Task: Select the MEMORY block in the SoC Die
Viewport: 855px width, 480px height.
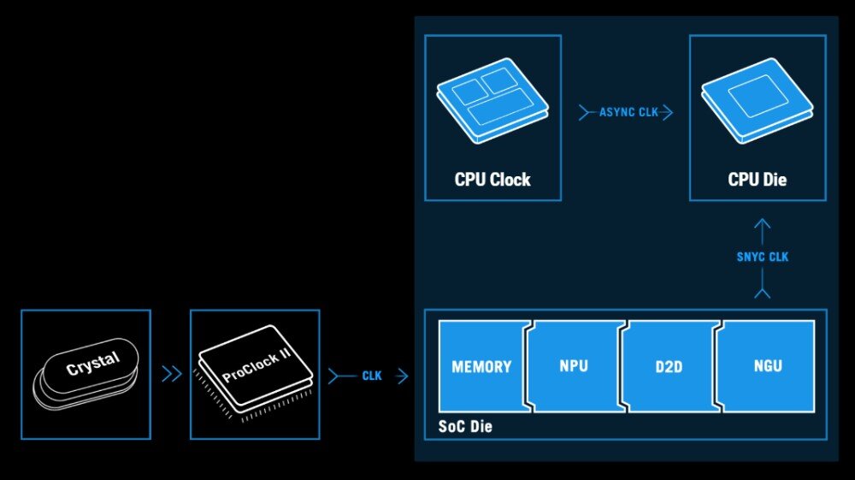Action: (x=481, y=366)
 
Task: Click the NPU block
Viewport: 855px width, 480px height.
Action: (x=573, y=366)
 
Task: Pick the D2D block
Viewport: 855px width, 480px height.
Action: (x=667, y=366)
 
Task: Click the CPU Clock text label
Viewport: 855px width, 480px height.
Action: (x=492, y=180)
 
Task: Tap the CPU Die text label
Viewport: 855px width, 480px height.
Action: (x=758, y=180)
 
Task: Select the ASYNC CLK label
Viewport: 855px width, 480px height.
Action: (x=629, y=112)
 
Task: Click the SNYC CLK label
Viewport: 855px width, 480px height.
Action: (x=762, y=257)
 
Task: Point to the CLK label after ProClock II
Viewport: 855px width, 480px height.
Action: (x=372, y=376)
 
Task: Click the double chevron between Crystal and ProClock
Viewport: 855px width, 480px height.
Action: (x=171, y=374)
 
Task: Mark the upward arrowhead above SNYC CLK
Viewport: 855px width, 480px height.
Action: (x=763, y=226)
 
